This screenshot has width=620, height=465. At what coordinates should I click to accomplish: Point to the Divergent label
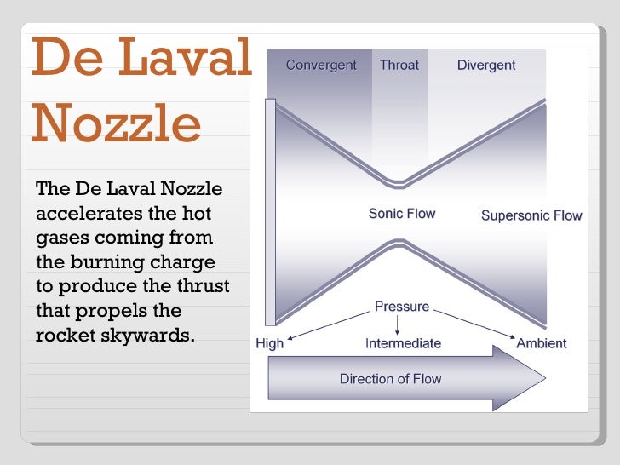click(x=485, y=65)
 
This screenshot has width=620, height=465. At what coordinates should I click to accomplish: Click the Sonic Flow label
click(x=401, y=213)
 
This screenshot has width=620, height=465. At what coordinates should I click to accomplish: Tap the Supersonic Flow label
click(x=531, y=215)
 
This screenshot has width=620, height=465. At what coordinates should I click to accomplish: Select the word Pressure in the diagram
click(x=402, y=307)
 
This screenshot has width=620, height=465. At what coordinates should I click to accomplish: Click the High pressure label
click(x=270, y=344)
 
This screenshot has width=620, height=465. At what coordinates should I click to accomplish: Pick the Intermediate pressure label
click(x=403, y=344)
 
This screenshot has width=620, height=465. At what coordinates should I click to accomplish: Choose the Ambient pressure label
click(x=541, y=344)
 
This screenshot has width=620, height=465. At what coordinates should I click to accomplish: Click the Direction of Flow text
click(x=390, y=379)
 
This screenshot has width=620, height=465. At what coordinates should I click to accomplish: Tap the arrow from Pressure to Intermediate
click(x=399, y=324)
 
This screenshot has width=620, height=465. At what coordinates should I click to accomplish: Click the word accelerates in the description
click(x=86, y=212)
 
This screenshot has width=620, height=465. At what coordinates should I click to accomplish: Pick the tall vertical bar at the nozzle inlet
click(x=270, y=212)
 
